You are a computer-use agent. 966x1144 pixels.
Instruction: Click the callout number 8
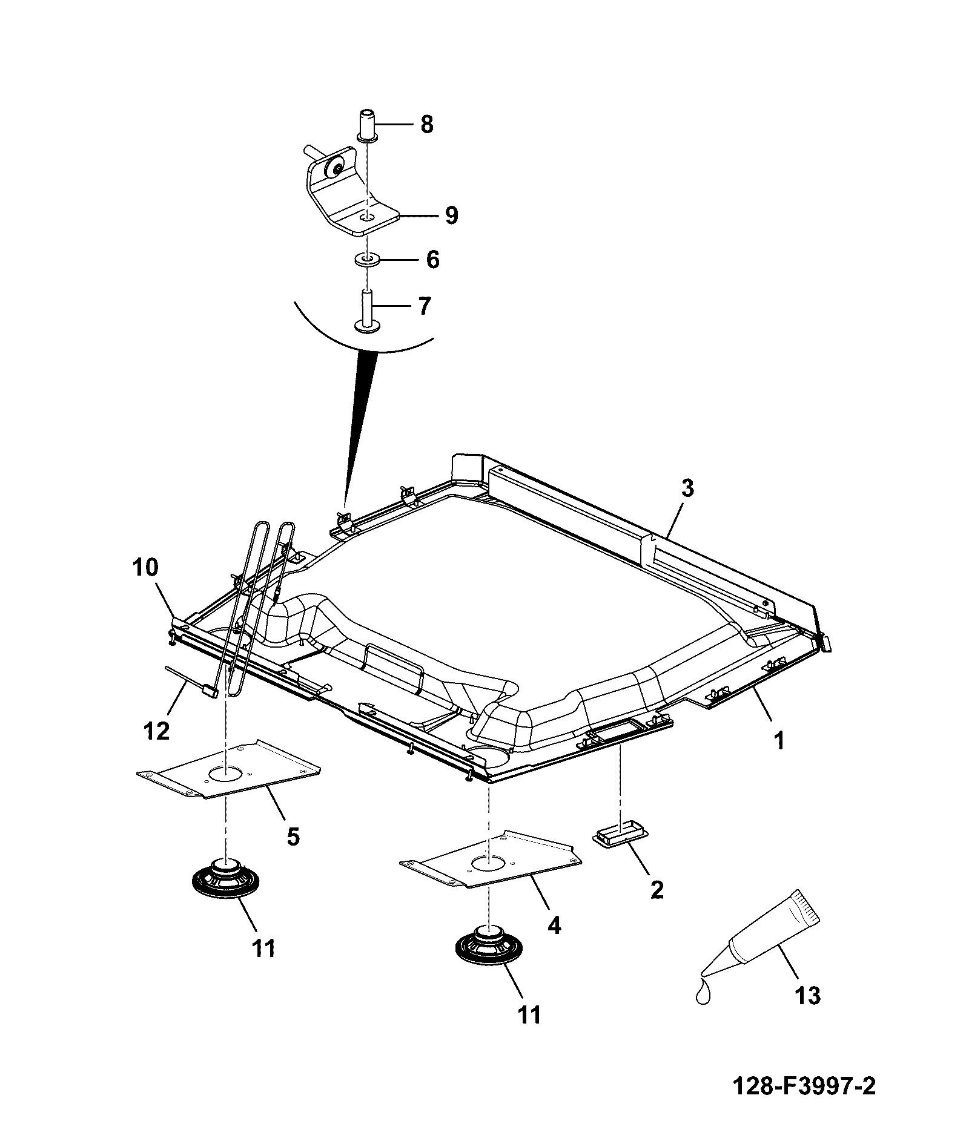pos(427,125)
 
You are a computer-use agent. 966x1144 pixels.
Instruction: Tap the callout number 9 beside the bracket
pos(451,215)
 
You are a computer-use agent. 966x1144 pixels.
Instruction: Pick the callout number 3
pos(687,489)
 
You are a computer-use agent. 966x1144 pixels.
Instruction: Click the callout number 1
pos(780,740)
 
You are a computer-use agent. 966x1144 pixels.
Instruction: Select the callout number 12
pos(156,731)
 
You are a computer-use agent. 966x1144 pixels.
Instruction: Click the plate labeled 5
pos(228,768)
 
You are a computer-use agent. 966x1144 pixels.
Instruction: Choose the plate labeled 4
pos(490,859)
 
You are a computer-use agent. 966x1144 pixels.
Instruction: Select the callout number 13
pos(807,995)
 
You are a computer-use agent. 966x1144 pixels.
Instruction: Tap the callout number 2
pos(657,889)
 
